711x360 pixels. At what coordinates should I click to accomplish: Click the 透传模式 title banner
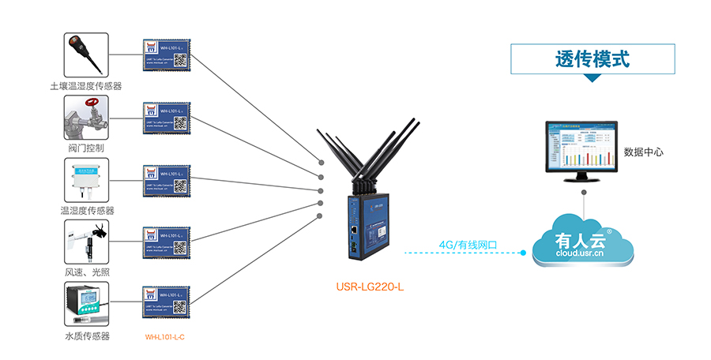point(592,58)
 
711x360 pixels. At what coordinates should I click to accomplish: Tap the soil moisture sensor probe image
point(86,54)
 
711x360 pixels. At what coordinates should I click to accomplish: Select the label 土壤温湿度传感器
point(86,86)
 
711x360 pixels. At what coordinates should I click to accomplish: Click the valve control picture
point(86,118)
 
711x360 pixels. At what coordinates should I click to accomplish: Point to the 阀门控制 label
point(86,148)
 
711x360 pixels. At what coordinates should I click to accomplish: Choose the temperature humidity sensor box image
point(86,180)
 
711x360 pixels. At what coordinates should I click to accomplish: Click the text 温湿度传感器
point(87,211)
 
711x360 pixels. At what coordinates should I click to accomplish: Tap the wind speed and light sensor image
point(86,242)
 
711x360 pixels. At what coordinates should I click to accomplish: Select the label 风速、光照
point(87,272)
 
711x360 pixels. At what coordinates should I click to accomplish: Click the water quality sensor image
point(86,305)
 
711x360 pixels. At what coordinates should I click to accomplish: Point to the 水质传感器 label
point(87,336)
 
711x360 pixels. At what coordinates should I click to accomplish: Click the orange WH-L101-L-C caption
point(165,337)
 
